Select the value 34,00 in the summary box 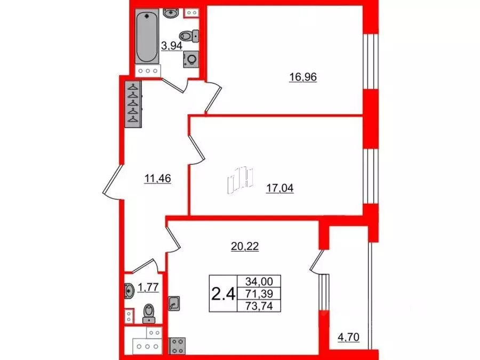pyautogui.click(x=260, y=282)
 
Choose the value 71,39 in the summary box pyautogui.click(x=260, y=294)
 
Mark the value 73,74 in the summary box pyautogui.click(x=260, y=306)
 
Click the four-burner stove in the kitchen pyautogui.click(x=176, y=346)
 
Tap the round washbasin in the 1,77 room pyautogui.click(x=129, y=291)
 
